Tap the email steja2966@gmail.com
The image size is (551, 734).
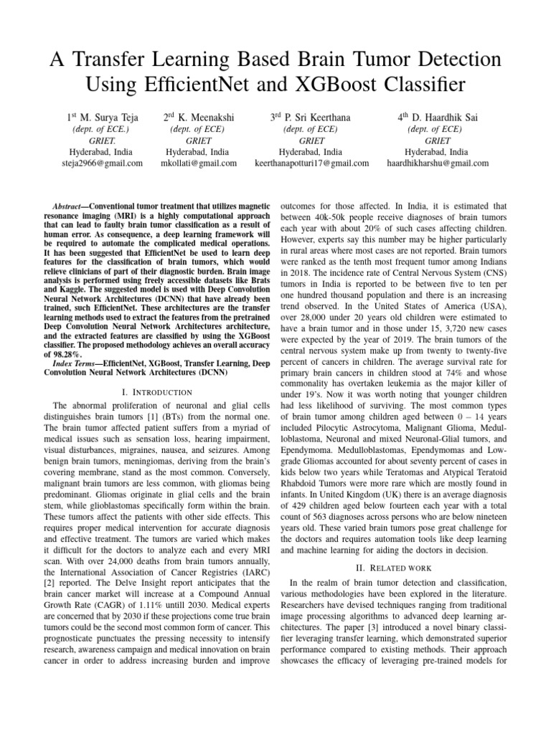tap(103, 163)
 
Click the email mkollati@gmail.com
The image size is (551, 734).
tap(197, 163)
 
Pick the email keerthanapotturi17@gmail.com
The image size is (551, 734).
tap(312, 163)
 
